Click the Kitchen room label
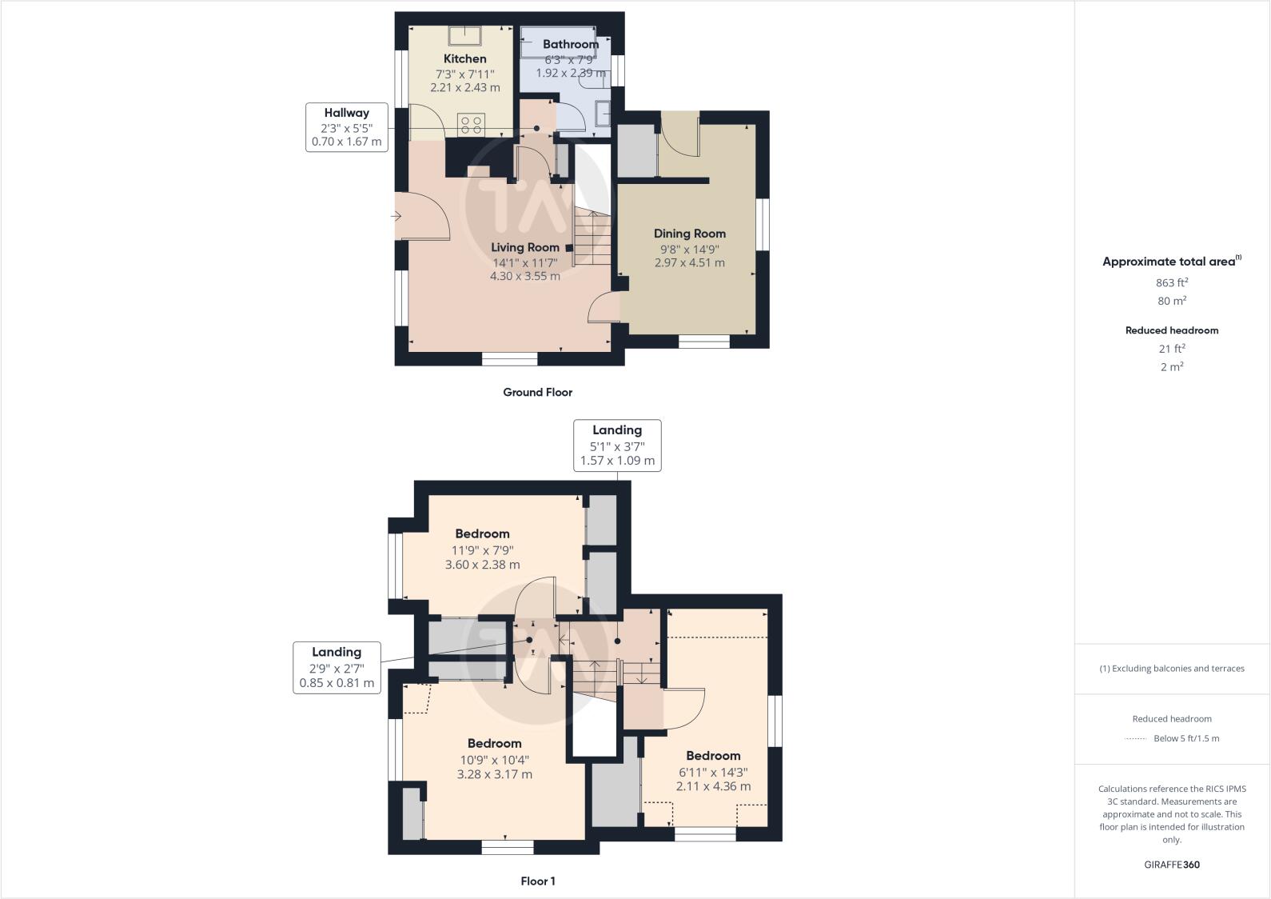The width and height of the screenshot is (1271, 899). [x=464, y=58]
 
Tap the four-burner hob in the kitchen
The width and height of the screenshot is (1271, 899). [x=471, y=125]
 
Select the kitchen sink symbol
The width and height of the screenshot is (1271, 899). [x=463, y=36]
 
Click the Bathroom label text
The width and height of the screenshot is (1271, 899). [x=570, y=44]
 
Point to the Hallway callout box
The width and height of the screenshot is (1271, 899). [x=346, y=127]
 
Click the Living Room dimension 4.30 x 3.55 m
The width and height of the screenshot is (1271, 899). [x=524, y=276]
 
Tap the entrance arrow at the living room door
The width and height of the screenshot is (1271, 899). [x=396, y=216]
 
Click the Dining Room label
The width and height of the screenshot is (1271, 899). [x=689, y=234]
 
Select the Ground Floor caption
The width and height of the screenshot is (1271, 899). [x=537, y=392]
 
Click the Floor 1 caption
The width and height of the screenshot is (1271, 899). [x=537, y=881]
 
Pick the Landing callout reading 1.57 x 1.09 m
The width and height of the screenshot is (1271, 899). [x=617, y=446]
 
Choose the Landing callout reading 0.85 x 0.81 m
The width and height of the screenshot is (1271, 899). [x=337, y=668]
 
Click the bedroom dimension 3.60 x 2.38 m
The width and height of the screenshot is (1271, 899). [x=482, y=565]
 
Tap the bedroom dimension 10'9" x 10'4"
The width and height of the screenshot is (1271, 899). [x=494, y=760]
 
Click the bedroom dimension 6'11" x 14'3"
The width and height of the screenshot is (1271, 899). [x=713, y=772]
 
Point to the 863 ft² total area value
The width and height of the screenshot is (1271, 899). [x=1171, y=282]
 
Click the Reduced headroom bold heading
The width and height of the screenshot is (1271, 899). [x=1171, y=330]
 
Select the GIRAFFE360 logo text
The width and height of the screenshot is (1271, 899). [x=1171, y=865]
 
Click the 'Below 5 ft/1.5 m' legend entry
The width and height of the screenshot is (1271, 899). [x=1185, y=738]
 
